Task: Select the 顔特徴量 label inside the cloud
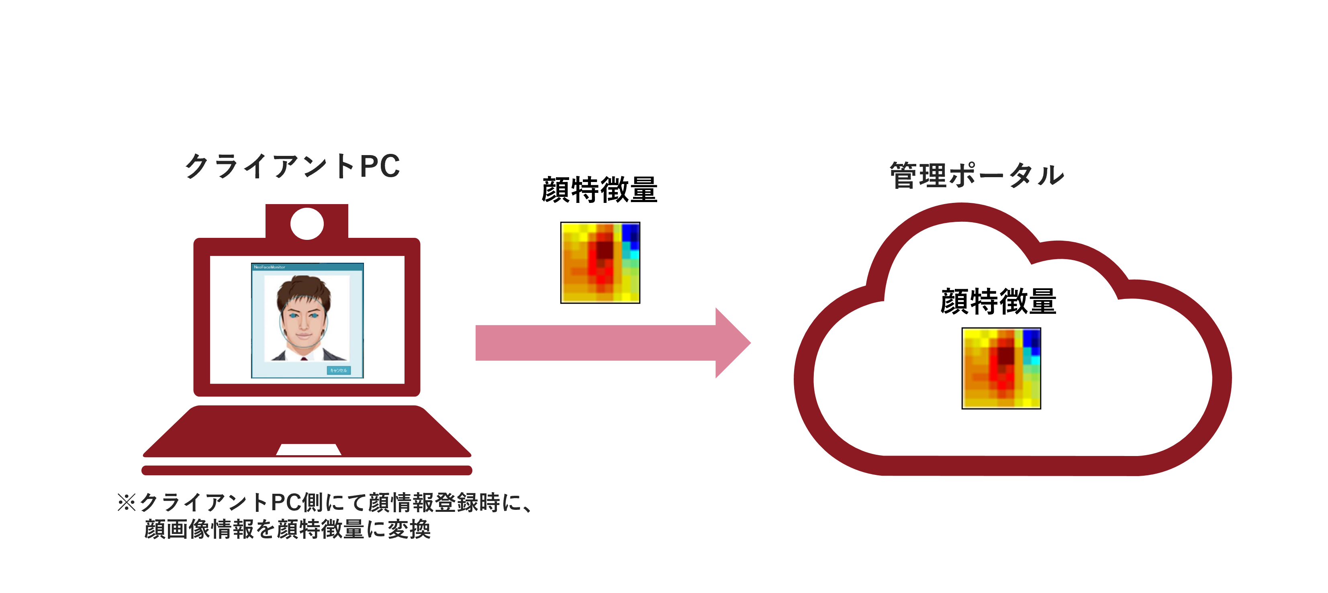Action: [998, 301]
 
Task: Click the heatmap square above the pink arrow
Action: [600, 262]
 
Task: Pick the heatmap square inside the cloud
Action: [1001, 368]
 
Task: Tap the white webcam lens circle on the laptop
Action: [307, 223]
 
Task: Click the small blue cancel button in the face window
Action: [339, 370]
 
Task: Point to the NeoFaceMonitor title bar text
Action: [270, 267]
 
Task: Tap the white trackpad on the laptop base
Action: [308, 450]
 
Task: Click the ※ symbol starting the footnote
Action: [126, 502]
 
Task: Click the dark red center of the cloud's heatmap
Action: [1005, 356]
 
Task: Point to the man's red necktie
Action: [304, 358]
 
